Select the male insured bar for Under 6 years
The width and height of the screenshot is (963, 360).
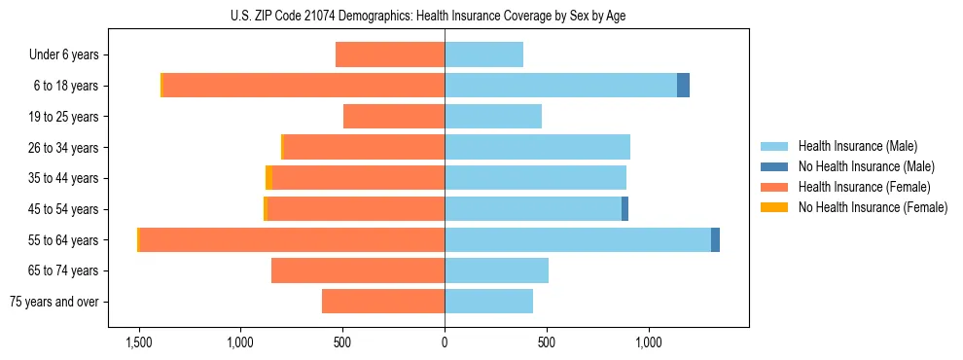point(483,54)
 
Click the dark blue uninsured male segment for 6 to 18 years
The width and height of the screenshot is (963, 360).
point(683,86)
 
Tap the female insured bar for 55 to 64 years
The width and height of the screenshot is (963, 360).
point(292,239)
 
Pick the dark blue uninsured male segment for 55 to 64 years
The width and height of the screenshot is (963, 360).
point(715,239)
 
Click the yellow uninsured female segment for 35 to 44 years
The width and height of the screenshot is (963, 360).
point(268,178)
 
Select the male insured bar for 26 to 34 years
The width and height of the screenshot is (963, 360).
point(537,147)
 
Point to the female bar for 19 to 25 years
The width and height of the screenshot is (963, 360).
point(394,117)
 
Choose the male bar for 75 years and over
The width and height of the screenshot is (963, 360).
point(488,302)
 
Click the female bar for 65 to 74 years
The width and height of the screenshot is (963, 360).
point(358,270)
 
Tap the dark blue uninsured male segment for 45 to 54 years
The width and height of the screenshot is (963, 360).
point(624,209)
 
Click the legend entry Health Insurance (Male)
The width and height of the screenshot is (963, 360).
point(857,146)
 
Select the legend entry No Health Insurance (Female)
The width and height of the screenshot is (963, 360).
point(872,207)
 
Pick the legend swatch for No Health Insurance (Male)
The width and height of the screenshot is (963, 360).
point(774,166)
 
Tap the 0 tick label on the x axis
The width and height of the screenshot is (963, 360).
point(445,342)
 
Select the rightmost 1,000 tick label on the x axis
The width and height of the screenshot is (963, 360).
point(649,342)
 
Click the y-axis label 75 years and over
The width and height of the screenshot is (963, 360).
point(53,302)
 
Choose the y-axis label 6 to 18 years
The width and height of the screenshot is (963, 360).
point(65,86)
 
